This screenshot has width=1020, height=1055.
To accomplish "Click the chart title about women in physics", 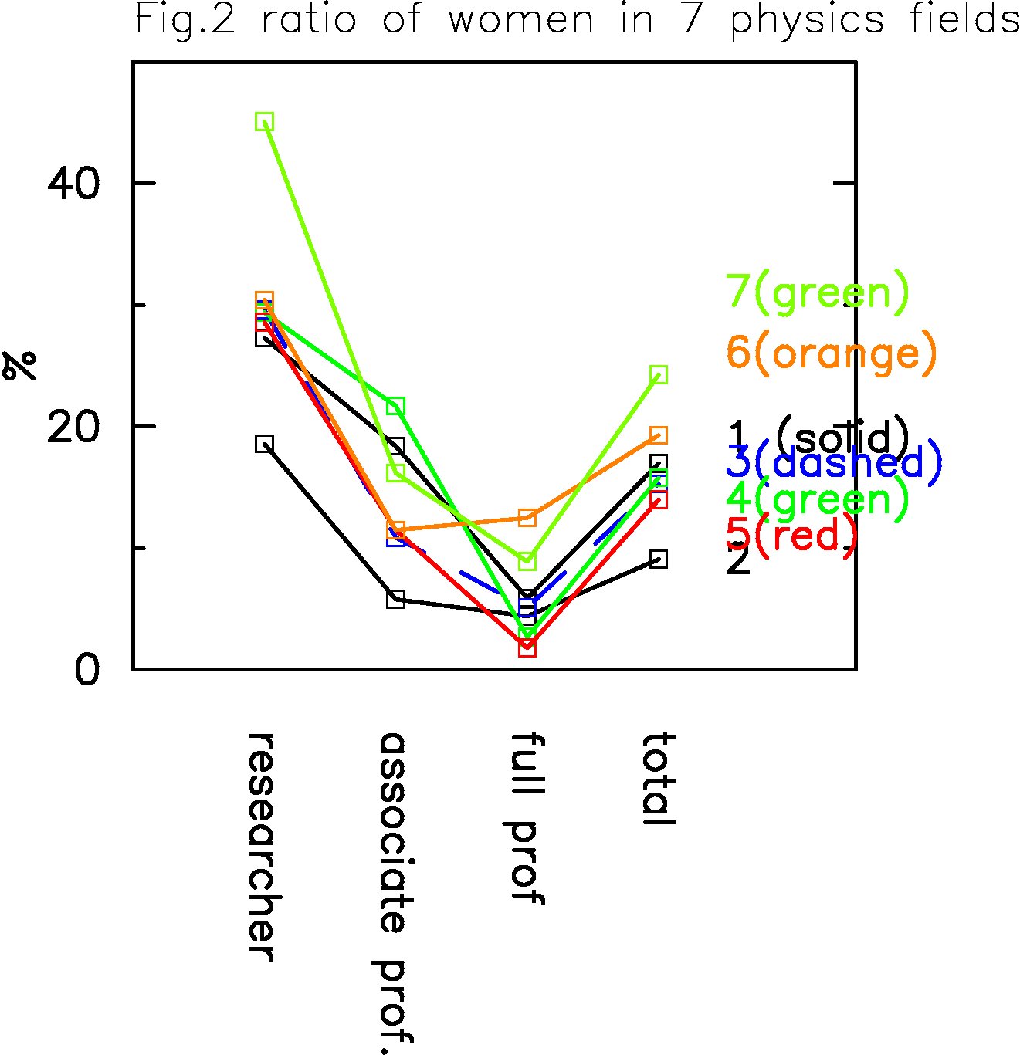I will coord(578,20).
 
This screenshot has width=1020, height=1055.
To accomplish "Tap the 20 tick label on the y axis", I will coord(74,427).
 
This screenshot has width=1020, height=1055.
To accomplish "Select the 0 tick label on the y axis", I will coord(87,670).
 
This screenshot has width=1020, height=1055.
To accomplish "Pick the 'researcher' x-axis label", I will coord(263,847).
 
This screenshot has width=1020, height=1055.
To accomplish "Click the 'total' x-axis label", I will coord(659,779).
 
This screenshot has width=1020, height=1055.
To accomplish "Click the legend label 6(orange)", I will coord(832,353).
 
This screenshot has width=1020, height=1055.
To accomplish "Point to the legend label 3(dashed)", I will coord(834,462).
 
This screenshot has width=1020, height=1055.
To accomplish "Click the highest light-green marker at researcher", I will coord(265,121).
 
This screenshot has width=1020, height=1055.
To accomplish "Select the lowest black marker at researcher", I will coord(265,444).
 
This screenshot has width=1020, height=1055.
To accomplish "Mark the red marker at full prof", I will coord(527,648).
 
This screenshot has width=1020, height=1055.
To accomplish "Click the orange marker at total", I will coord(659,435).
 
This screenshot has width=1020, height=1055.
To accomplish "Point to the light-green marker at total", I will coord(659,375).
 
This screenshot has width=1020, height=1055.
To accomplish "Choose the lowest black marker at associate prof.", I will coord(395,599).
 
